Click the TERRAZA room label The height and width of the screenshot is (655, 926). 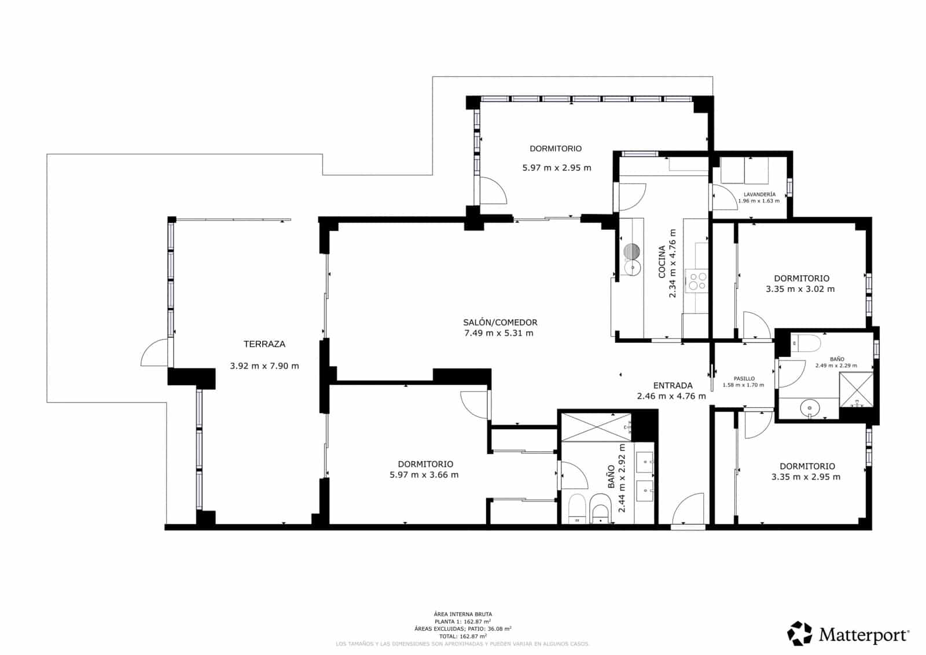(264, 344)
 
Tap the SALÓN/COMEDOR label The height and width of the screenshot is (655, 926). (500, 323)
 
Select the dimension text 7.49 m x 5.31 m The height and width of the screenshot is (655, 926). (499, 333)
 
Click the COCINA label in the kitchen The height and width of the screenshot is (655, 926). (662, 262)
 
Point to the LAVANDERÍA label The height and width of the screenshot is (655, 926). (759, 195)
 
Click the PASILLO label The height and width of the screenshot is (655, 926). (744, 379)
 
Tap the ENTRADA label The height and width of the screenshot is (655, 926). (673, 386)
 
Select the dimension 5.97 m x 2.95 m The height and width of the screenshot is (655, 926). (557, 168)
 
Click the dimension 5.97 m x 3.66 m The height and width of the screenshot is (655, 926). (424, 475)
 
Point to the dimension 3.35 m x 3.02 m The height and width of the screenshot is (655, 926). (800, 289)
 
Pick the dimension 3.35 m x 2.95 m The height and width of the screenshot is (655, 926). (806, 477)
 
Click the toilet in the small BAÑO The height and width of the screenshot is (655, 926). (807, 344)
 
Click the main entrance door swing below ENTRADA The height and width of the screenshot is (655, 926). (689, 509)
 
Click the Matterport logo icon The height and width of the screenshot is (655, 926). (799, 634)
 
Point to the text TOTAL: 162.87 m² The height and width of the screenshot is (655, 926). (462, 636)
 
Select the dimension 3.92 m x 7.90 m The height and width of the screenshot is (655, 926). (264, 366)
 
